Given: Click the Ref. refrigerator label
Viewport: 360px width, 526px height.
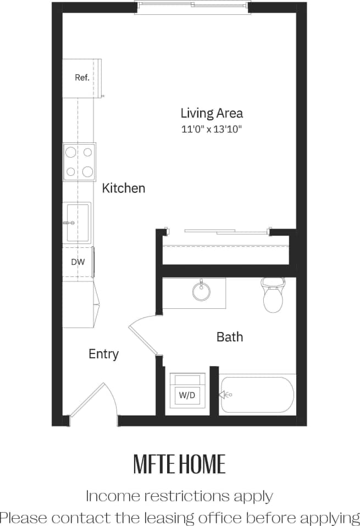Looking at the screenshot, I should (82, 77).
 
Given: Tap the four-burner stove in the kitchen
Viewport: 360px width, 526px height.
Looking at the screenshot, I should (79, 162).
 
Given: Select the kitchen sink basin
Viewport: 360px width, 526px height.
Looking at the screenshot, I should (78, 222).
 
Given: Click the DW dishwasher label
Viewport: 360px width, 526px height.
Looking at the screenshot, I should (77, 262).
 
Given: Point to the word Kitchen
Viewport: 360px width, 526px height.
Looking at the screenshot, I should (124, 188).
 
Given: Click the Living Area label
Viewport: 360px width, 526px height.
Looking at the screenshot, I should (212, 114).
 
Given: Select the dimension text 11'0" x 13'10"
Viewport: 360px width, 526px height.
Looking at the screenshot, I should (212, 130).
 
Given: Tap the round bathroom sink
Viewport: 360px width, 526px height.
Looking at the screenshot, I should (201, 291).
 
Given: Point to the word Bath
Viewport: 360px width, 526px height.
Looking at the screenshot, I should (229, 336).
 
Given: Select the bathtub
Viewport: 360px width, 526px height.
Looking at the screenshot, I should (257, 394).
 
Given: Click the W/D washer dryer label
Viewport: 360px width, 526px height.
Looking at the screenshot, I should (187, 395).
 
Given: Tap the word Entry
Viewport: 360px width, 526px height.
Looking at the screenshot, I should (103, 354).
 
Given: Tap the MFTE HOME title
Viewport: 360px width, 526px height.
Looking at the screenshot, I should (179, 464).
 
